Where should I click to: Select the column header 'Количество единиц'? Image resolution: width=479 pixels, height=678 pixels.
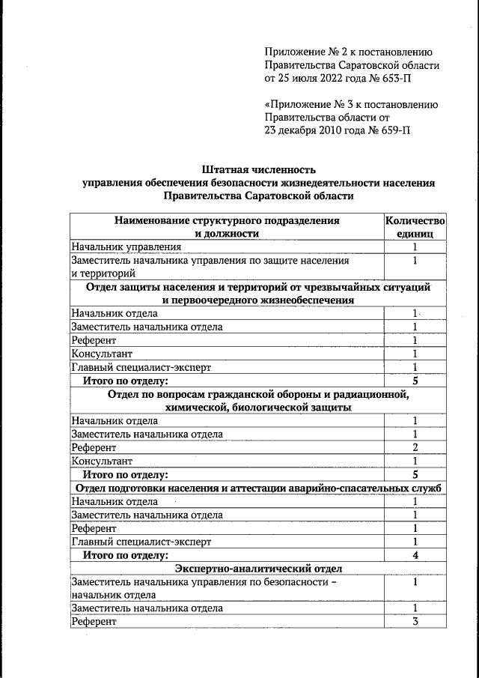[x=415, y=227]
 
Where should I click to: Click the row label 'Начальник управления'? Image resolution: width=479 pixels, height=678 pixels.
[x=126, y=246]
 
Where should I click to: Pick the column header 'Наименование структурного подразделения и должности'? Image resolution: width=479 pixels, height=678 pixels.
[x=227, y=227]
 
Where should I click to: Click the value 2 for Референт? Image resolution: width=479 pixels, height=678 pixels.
[x=415, y=447]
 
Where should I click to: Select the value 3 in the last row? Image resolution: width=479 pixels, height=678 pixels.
[x=415, y=622]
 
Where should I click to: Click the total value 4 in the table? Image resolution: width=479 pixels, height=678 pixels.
[x=415, y=555]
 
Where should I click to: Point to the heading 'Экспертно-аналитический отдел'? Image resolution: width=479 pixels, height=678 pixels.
[x=258, y=569]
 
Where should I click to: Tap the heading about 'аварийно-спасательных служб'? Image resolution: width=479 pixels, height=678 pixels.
[x=258, y=488]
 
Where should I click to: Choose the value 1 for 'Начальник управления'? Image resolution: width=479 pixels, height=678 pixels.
[x=415, y=246]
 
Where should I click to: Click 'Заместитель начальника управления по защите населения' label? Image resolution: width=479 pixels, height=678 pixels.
[x=210, y=260]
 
